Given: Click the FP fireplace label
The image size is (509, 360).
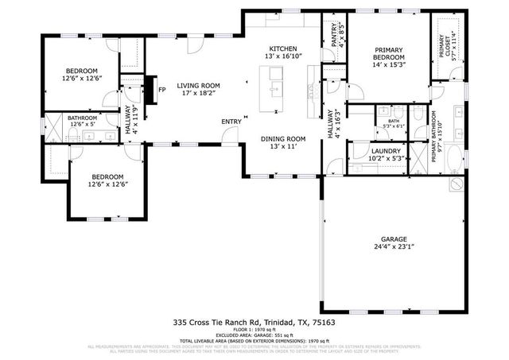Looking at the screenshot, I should click(162, 89).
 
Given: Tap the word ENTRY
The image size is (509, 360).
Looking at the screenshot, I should click(231, 122).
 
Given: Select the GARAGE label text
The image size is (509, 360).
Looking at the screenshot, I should click(394, 239).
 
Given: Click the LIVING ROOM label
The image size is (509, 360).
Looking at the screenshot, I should click(198, 85).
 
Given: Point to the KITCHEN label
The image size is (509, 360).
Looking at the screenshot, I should click(283, 48).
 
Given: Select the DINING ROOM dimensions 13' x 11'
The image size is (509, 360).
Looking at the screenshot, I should click(283, 147).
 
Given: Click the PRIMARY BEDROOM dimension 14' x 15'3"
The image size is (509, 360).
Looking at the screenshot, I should click(390, 65).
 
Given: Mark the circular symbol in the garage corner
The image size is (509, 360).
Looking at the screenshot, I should click(456, 184).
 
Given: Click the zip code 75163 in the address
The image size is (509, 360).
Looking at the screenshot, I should click(324, 323).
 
